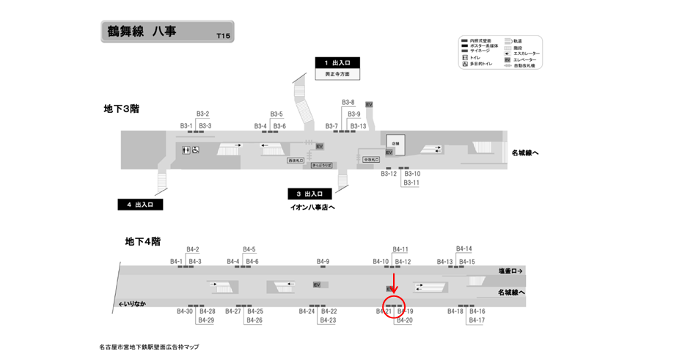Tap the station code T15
coord(223,36)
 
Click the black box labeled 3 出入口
coord(309,194)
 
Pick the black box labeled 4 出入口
coord(139,205)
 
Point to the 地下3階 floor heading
coord(122,109)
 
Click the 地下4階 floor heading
coord(143,241)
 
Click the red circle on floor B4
coord(395,305)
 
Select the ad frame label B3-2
coord(203,114)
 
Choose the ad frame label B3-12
coord(389,174)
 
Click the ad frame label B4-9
coord(323,262)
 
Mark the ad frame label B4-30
coord(185,312)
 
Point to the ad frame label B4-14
coord(464,249)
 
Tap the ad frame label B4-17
coord(477,320)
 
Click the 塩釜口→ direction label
coord(510,271)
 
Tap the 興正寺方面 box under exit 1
coord(337,75)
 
